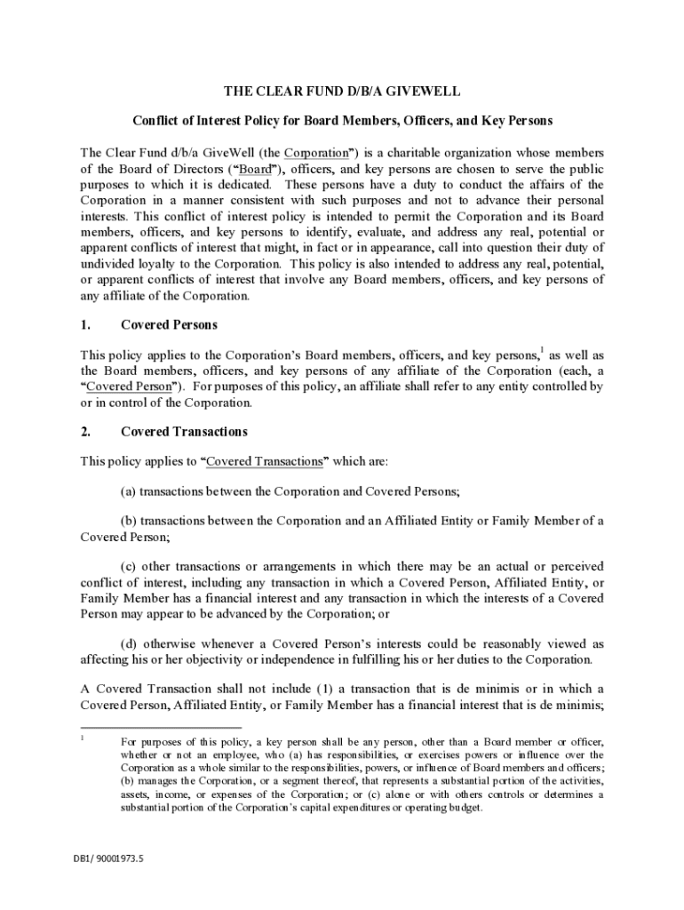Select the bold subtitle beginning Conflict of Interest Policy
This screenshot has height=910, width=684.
point(342,121)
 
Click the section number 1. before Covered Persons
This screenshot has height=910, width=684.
point(86,324)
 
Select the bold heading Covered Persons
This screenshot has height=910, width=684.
point(169,324)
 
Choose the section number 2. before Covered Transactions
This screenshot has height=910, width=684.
point(86,432)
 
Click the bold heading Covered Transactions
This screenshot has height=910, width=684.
point(184,432)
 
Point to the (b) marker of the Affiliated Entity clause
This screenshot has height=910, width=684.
point(128,521)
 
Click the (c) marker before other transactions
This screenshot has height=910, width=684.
point(128,566)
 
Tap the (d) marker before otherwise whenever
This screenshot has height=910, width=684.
point(129,643)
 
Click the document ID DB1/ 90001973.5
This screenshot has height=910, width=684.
point(107,859)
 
